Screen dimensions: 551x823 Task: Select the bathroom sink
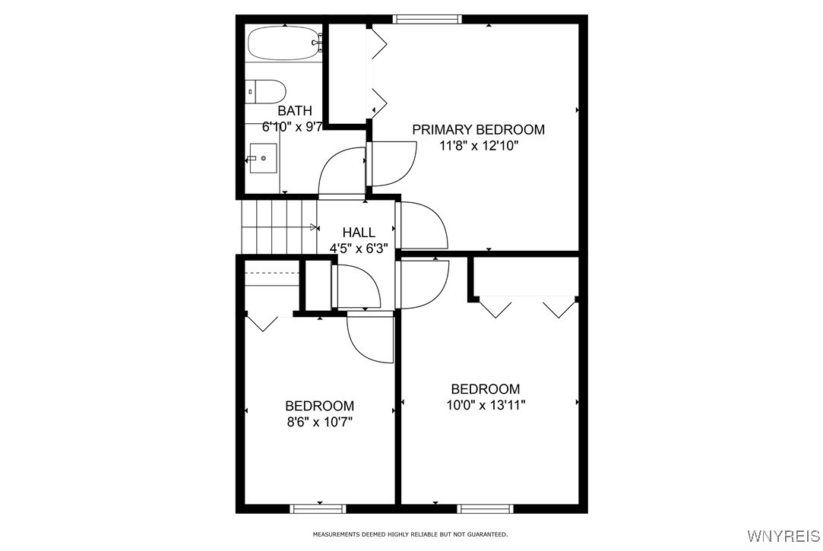click(x=262, y=158)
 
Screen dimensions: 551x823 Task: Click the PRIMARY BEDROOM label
click(x=478, y=130)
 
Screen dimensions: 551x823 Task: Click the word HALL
click(x=358, y=233)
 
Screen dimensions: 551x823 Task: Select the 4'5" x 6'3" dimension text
click(x=358, y=248)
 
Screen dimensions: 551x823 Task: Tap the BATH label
click(x=294, y=111)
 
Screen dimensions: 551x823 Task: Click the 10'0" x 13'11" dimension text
click(x=486, y=405)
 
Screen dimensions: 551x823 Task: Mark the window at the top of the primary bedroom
click(x=427, y=20)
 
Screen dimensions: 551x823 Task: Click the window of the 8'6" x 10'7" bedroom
click(x=318, y=508)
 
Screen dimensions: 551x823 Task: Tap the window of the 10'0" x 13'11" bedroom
click(x=486, y=508)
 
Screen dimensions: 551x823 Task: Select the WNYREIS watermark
click(x=783, y=537)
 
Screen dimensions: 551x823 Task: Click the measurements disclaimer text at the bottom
click(x=410, y=534)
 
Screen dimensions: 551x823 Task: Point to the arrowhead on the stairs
click(x=315, y=226)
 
